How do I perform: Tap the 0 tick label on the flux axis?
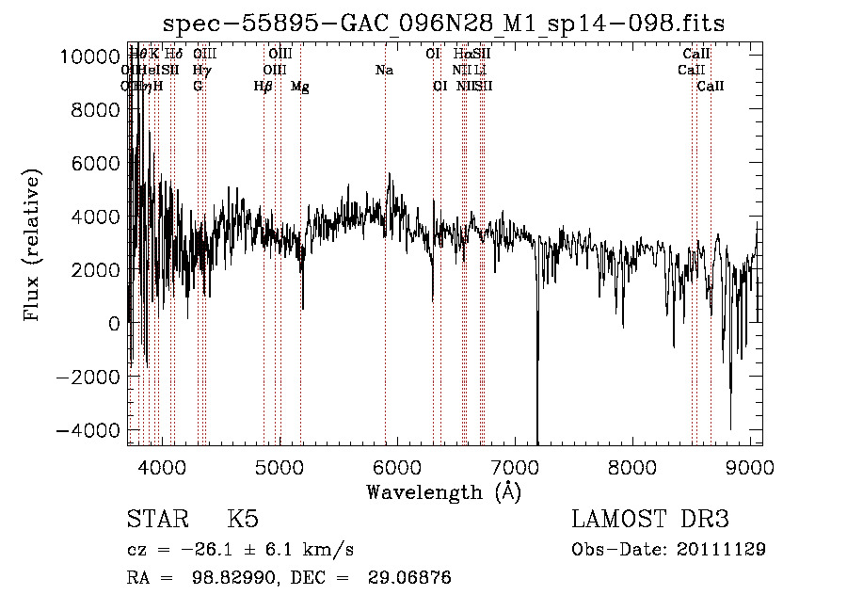coord(113,324)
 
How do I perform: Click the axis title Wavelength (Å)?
coord(443,490)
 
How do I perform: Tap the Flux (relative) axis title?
coord(33,245)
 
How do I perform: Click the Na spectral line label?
coord(384,70)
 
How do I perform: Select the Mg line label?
coord(300,87)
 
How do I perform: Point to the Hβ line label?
coord(264,87)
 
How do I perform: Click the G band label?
coord(198,87)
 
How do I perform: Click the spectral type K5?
coord(243,520)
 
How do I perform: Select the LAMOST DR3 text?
coord(650,520)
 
